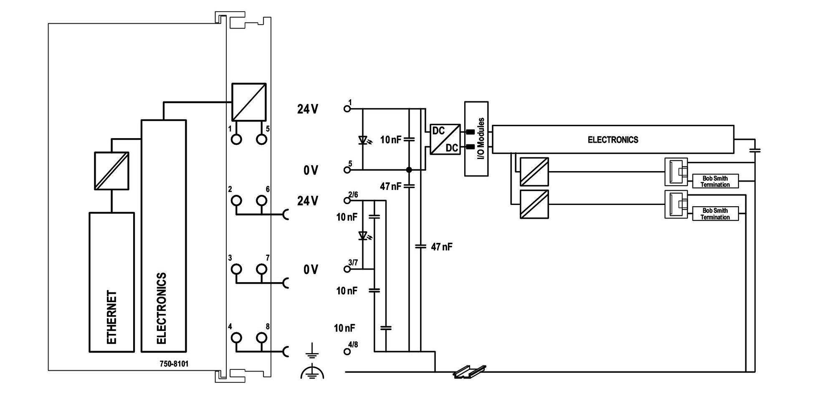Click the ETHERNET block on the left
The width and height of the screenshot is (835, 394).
[111, 282]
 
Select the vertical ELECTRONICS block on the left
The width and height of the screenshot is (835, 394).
[164, 236]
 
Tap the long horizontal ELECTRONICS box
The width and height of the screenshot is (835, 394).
[613, 139]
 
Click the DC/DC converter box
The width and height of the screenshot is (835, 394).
[445, 139]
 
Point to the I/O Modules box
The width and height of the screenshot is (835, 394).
[476, 139]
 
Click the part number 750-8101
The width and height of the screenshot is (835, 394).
[174, 364]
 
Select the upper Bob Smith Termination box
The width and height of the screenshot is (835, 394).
[715, 181]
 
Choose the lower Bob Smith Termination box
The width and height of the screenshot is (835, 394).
[715, 214]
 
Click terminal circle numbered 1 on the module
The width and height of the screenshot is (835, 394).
[236, 139]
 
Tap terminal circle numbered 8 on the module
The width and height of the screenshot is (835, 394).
[261, 337]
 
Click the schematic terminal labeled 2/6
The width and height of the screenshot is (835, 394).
[347, 200]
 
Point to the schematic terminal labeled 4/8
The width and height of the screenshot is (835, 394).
[347, 351]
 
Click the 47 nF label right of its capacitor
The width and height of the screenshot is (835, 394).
[442, 247]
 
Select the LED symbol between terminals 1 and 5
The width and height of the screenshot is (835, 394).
[363, 140]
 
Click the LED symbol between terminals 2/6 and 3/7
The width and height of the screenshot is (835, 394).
[363, 236]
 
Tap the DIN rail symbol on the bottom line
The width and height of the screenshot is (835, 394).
[470, 371]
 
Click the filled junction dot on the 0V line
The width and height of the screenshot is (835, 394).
[409, 170]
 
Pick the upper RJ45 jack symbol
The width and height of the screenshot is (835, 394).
[676, 172]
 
